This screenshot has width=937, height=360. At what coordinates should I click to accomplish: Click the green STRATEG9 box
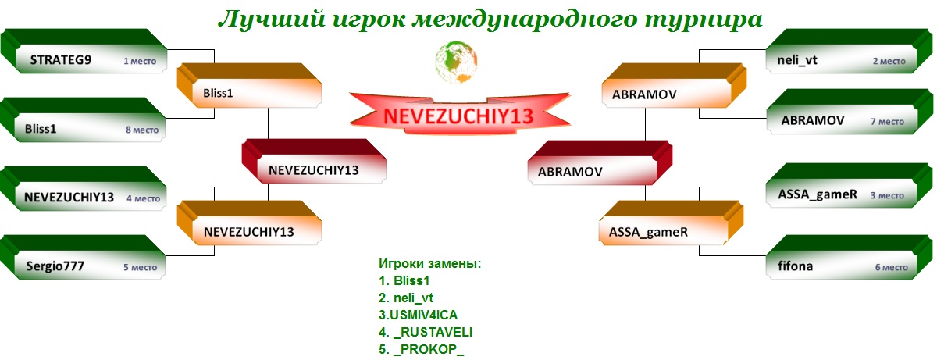[84, 52]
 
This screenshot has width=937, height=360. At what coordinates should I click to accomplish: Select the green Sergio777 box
[83, 257]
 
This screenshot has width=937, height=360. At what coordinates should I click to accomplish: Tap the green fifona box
[850, 257]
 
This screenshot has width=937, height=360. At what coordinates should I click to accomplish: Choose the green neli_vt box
[850, 52]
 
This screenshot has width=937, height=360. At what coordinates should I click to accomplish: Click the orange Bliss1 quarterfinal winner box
[250, 85]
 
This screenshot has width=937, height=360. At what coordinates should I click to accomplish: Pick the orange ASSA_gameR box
[671, 223]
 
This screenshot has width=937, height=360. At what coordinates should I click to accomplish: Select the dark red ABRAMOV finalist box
[600, 162]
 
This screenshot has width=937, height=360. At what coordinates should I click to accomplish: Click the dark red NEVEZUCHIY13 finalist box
[314, 162]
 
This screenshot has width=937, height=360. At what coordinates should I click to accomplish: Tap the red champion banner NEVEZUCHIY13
[459, 114]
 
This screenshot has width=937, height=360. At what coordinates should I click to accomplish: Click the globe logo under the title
[456, 62]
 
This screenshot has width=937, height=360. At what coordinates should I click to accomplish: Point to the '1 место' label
[140, 61]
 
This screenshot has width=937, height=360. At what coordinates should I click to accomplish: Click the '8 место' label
[142, 130]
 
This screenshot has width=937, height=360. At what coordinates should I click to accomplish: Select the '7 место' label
[887, 122]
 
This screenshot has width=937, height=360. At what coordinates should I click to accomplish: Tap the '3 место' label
[887, 195]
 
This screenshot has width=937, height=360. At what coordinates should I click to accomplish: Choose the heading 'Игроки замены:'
[430, 264]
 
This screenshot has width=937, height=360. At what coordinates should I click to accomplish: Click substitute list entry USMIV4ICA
[419, 315]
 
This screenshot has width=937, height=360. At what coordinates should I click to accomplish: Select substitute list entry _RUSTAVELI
[426, 332]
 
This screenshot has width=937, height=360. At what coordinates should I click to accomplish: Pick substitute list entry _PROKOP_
[421, 349]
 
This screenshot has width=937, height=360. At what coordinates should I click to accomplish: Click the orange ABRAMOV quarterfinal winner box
[675, 85]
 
